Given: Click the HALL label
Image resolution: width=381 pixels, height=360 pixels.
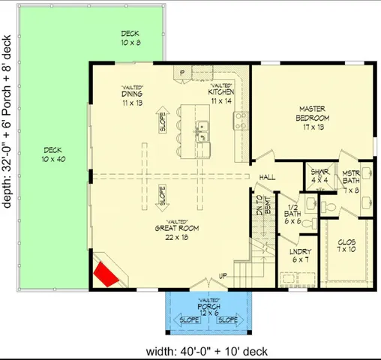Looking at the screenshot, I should pyautogui.click(x=268, y=177).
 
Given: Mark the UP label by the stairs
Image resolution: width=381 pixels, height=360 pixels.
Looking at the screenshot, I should pyautogui.click(x=222, y=277).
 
